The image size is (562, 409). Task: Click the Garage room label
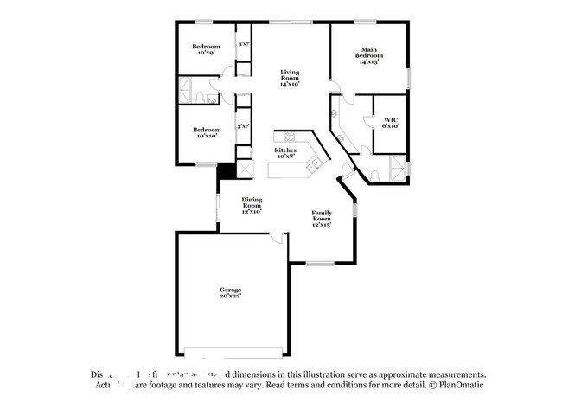coord(229,292)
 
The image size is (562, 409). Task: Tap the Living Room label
coord(288,78)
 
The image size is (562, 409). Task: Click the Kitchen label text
coord(286,154)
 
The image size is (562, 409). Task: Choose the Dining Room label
coord(251,205)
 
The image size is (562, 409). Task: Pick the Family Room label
coord(321,220)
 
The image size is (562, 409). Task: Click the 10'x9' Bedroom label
coord(206,49)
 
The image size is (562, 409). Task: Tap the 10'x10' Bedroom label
coord(206,132)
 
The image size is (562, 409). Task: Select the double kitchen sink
coord(316,162)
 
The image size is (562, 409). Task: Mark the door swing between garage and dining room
coord(275,235)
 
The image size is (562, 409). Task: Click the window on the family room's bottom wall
coord(320,262)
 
